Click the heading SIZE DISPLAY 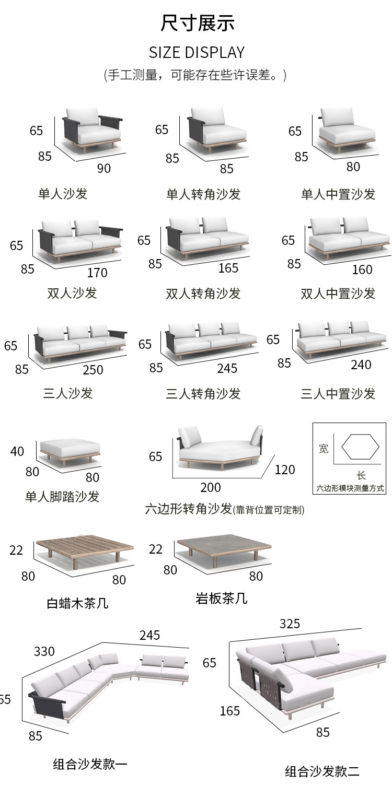coord(197,52)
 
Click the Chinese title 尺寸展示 coord(197,24)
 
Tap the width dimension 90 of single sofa coord(104,168)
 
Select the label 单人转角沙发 coord(203,194)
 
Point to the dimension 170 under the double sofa coord(97,273)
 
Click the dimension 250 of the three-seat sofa coord(93,370)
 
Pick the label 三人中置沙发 coord(338,393)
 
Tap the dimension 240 coord(361,365)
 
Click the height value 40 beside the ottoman coord(17,451)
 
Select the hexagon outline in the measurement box coord(360,447)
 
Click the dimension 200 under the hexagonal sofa coord(211,487)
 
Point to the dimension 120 coord(285,470)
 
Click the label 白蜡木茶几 coord(77,604)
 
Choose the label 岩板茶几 coord(221,599)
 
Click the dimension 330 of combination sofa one coord(44,651)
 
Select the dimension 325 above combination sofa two coord(290,624)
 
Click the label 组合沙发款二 coord(322,771)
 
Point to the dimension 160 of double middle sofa coord(362,269)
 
